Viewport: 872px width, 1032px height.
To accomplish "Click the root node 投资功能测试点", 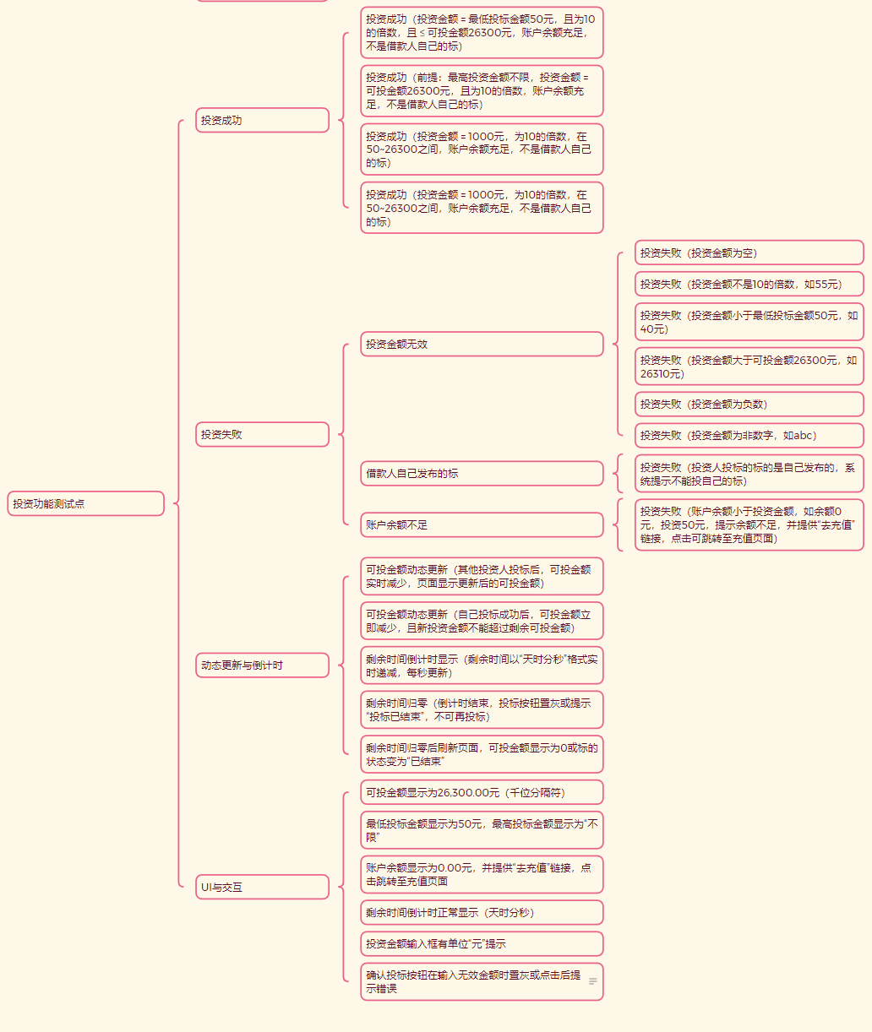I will [x=85, y=503].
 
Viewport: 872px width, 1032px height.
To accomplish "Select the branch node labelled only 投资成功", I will [x=262, y=120].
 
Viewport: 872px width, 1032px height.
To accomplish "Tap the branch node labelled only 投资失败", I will [x=262, y=434].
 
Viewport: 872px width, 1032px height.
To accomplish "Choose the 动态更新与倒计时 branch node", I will [x=262, y=665].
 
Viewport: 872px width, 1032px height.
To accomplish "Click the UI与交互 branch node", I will [x=262, y=887].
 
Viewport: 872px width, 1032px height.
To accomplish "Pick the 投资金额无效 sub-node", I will [x=482, y=344].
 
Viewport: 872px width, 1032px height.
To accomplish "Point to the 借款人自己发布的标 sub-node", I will [x=482, y=473].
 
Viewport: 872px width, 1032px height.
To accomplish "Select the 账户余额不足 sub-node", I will [x=482, y=524].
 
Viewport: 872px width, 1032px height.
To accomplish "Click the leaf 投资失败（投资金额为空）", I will [x=749, y=253].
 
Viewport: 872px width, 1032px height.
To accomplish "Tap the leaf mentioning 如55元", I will [x=749, y=284].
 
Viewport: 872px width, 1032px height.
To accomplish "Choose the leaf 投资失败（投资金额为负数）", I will [x=749, y=404].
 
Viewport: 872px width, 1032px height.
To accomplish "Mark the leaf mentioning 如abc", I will [x=749, y=435].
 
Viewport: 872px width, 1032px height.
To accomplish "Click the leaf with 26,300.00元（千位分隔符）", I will [x=482, y=792].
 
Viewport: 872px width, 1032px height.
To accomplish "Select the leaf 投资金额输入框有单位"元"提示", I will [x=482, y=943].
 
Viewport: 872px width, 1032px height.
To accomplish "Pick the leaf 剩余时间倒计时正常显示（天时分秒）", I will [x=482, y=912].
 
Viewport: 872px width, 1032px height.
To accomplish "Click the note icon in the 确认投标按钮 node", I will [x=593, y=981].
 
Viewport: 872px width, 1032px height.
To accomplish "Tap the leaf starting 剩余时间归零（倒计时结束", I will [x=482, y=709].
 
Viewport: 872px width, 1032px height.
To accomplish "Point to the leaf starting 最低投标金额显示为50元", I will [x=482, y=829].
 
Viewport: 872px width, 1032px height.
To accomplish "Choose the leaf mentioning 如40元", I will [x=749, y=322].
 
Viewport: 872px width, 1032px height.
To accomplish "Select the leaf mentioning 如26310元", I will [x=749, y=367].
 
